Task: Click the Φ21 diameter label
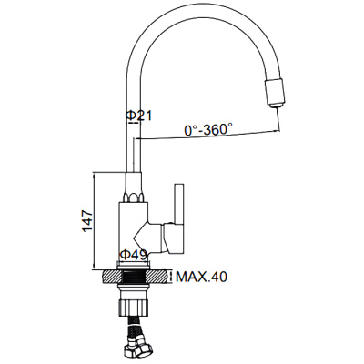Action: point(138,116)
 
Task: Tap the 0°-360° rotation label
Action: point(208,130)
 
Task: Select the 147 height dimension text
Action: point(87,220)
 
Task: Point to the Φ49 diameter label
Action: point(134,255)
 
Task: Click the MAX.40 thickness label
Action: point(201,277)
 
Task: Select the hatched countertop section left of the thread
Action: point(112,278)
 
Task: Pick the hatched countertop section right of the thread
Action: point(157,278)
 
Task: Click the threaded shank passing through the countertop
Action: point(135,278)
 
